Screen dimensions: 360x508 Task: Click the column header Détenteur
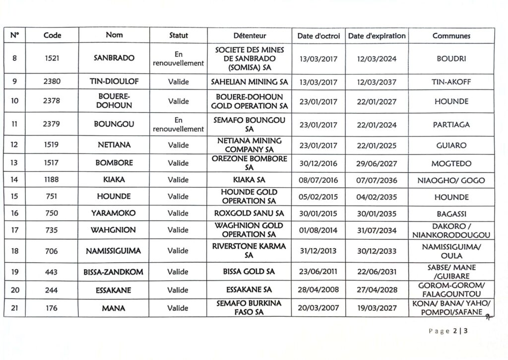click(x=250, y=36)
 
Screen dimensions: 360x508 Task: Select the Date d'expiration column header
click(x=377, y=36)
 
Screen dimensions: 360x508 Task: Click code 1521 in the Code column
click(x=52, y=59)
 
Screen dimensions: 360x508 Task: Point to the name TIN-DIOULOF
click(x=114, y=81)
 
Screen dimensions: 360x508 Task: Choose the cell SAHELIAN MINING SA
click(x=250, y=81)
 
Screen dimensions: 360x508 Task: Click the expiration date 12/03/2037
click(x=377, y=81)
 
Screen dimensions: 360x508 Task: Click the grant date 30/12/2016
click(x=318, y=163)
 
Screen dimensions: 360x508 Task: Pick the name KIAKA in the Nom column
click(x=114, y=180)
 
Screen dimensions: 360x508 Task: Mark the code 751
click(x=52, y=197)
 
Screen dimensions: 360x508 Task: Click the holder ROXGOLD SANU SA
click(x=250, y=214)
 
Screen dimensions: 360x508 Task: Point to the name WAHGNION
click(x=114, y=230)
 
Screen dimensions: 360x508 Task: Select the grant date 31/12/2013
click(x=318, y=251)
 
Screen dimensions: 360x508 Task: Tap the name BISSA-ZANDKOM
click(x=114, y=272)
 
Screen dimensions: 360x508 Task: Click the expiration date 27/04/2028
click(x=377, y=289)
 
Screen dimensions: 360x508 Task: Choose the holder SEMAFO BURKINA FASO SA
click(x=250, y=308)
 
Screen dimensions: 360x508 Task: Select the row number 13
click(x=15, y=163)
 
